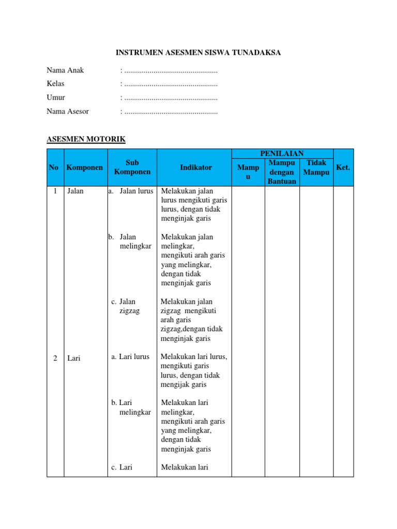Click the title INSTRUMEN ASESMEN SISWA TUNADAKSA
coord(198,53)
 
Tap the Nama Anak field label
coord(65,70)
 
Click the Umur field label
coord(56,98)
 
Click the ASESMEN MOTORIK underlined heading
coord(86,139)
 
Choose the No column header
coord(54,168)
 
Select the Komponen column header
coord(85,168)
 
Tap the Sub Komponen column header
coord(132,167)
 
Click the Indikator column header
coord(196,168)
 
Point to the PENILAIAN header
coord(282,153)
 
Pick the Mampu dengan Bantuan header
coord(282,172)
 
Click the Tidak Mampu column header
coord(316,167)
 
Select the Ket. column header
coord(343,168)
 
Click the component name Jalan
coord(75,191)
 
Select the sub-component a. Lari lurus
coord(130,357)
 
